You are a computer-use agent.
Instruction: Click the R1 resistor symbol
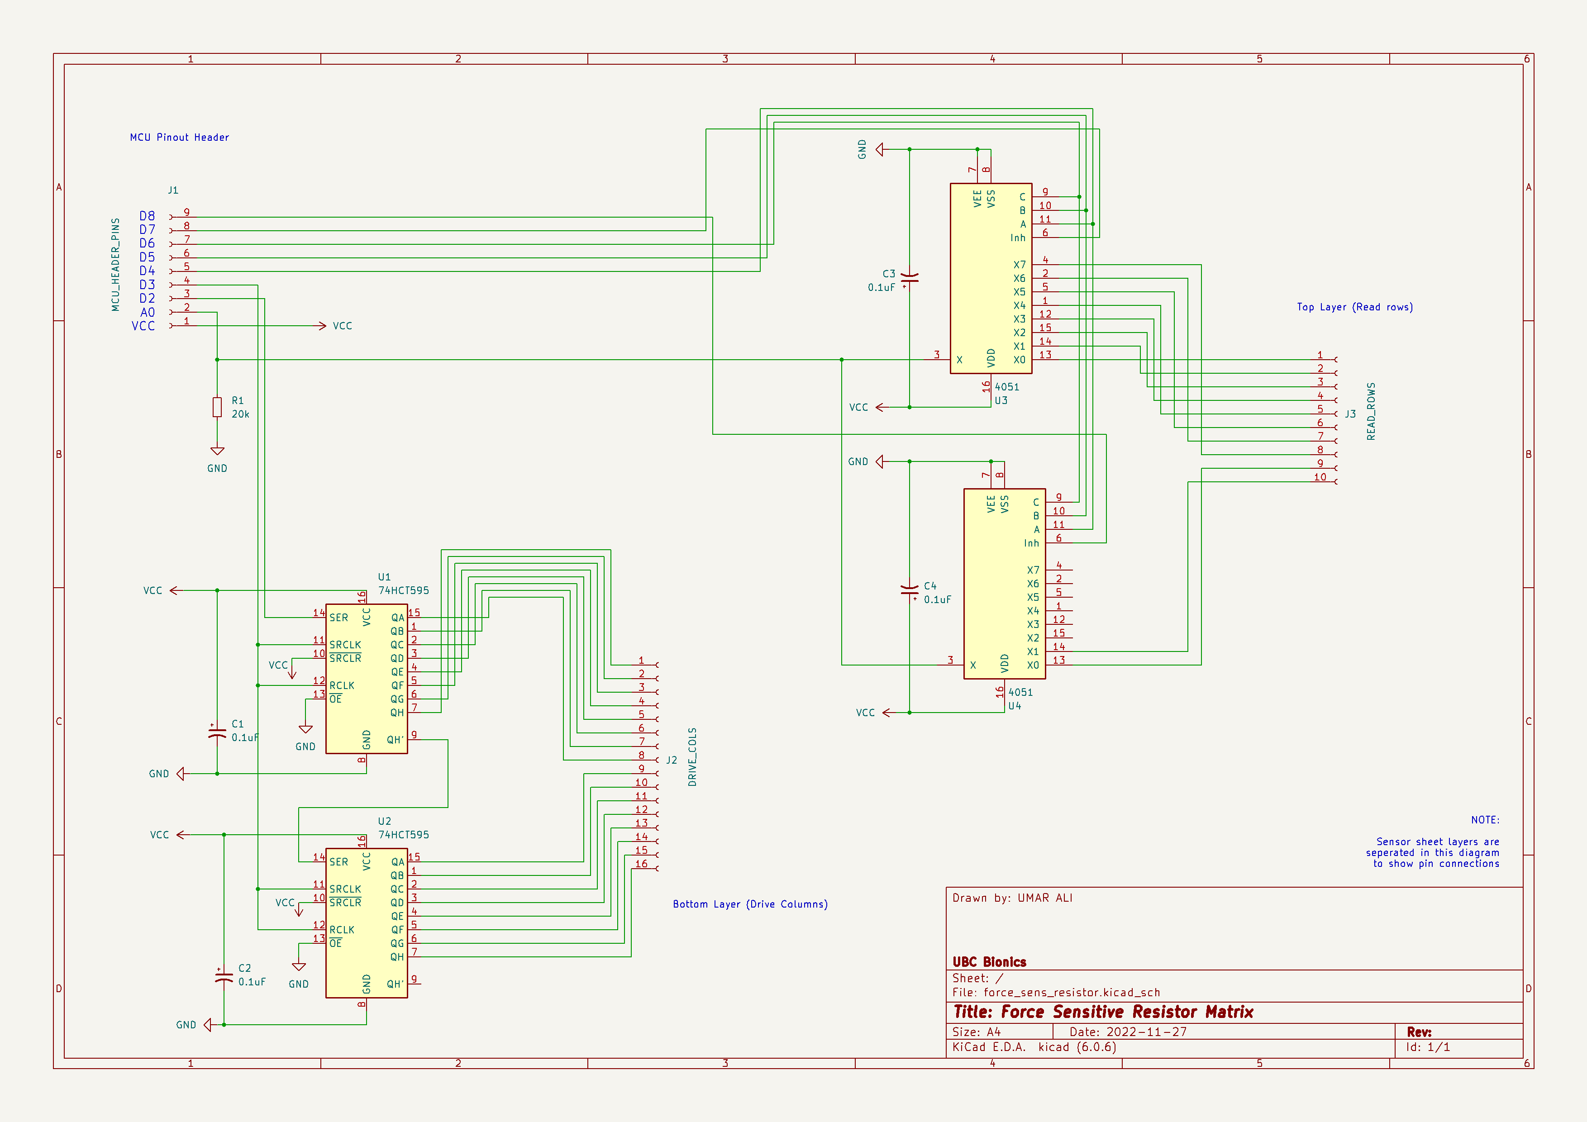[217, 407]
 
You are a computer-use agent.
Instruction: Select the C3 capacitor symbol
[910, 278]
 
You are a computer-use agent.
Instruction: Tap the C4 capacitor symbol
[910, 591]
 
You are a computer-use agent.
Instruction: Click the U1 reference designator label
[384, 577]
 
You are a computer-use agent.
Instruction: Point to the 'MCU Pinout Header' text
[179, 138]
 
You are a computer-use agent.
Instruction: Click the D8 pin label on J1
[147, 216]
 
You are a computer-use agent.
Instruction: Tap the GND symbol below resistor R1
[217, 452]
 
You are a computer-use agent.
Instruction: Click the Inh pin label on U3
[1017, 238]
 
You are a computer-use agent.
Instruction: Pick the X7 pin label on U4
[1033, 570]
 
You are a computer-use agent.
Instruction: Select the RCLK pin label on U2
[342, 930]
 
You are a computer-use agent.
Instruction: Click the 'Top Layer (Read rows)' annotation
[1355, 308]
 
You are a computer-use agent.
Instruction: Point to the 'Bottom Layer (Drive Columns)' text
[750, 904]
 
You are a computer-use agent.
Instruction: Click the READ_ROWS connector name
[1371, 412]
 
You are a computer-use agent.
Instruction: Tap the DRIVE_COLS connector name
[692, 757]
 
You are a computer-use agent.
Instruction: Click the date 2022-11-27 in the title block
[1146, 1032]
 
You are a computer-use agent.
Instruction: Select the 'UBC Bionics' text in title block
[989, 962]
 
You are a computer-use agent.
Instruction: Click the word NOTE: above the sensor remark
[1485, 820]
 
